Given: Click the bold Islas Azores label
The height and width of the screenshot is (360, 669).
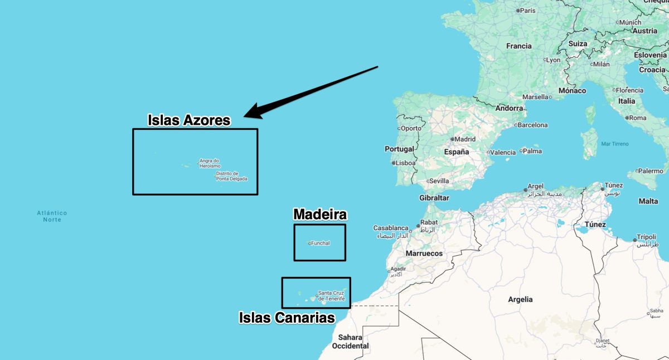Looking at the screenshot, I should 189,120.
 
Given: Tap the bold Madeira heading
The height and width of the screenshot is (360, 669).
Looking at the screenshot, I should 320,215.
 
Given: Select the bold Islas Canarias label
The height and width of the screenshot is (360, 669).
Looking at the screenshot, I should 287,318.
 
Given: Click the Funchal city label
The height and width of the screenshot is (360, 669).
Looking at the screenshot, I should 321,243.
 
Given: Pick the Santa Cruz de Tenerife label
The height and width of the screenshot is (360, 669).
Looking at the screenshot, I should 331,296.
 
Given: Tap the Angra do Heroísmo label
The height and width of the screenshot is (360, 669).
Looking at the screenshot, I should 210,163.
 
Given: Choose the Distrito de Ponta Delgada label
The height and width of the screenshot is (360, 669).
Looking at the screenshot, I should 231,176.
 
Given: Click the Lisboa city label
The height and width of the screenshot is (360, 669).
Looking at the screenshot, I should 405,163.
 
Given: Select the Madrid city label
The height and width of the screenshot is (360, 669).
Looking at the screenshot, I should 465,139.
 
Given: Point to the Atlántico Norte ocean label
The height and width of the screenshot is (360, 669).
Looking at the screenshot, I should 52,216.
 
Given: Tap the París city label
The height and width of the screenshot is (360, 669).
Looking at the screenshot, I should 528,10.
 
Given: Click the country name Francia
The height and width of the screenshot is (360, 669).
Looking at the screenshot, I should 518,46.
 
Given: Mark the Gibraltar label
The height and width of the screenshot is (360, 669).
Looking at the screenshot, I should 434,198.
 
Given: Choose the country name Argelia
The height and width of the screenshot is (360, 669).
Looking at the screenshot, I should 520,299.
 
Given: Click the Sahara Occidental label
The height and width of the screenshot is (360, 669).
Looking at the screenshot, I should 350,342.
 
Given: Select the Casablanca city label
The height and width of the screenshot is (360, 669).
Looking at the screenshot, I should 391,228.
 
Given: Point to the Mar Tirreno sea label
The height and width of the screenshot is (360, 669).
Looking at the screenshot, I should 615,144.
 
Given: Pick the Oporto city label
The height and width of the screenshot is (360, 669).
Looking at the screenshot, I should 411,128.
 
